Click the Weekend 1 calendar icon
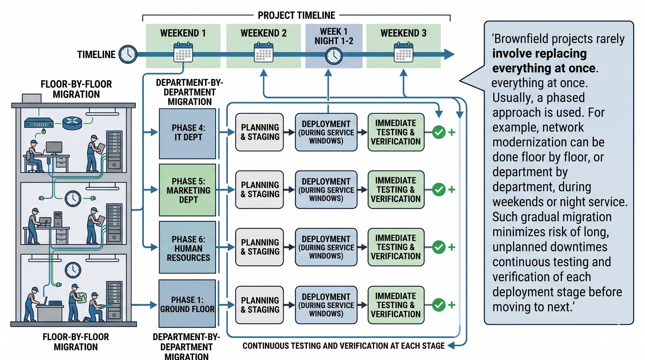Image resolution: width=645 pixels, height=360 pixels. pyautogui.click(x=183, y=53)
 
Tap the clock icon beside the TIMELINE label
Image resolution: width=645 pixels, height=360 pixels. pyautogui.click(x=128, y=54)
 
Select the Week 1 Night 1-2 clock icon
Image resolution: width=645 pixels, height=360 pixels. pyautogui.click(x=334, y=56)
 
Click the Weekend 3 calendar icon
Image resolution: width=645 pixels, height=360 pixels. pyautogui.click(x=403, y=53)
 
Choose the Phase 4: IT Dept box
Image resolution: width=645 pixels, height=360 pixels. pyautogui.click(x=188, y=133)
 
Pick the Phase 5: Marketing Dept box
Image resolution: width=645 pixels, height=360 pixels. pyautogui.click(x=188, y=190)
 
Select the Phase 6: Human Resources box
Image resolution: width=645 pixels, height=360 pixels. pyautogui.click(x=188, y=248)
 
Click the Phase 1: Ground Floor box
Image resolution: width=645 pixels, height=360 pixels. pyautogui.click(x=187, y=304)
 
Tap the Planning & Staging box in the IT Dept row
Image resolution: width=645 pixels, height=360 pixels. pyautogui.click(x=260, y=132)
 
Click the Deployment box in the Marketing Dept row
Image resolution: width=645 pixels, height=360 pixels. pyautogui.click(x=326, y=190)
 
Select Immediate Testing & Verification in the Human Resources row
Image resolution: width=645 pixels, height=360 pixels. pyautogui.click(x=396, y=247)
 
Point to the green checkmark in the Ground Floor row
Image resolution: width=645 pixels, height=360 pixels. pyautogui.click(x=439, y=305)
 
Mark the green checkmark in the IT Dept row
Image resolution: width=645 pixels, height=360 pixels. pyautogui.click(x=439, y=132)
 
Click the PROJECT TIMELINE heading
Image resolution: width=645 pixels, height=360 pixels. pyautogui.click(x=296, y=15)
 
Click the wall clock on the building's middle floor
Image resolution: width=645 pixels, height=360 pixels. pyautogui.click(x=73, y=198)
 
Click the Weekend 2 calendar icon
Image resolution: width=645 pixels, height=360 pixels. pyautogui.click(x=264, y=53)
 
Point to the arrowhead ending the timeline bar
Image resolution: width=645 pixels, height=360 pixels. pyautogui.click(x=449, y=54)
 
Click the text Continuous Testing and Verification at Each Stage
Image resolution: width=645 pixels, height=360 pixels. pyautogui.click(x=343, y=346)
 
